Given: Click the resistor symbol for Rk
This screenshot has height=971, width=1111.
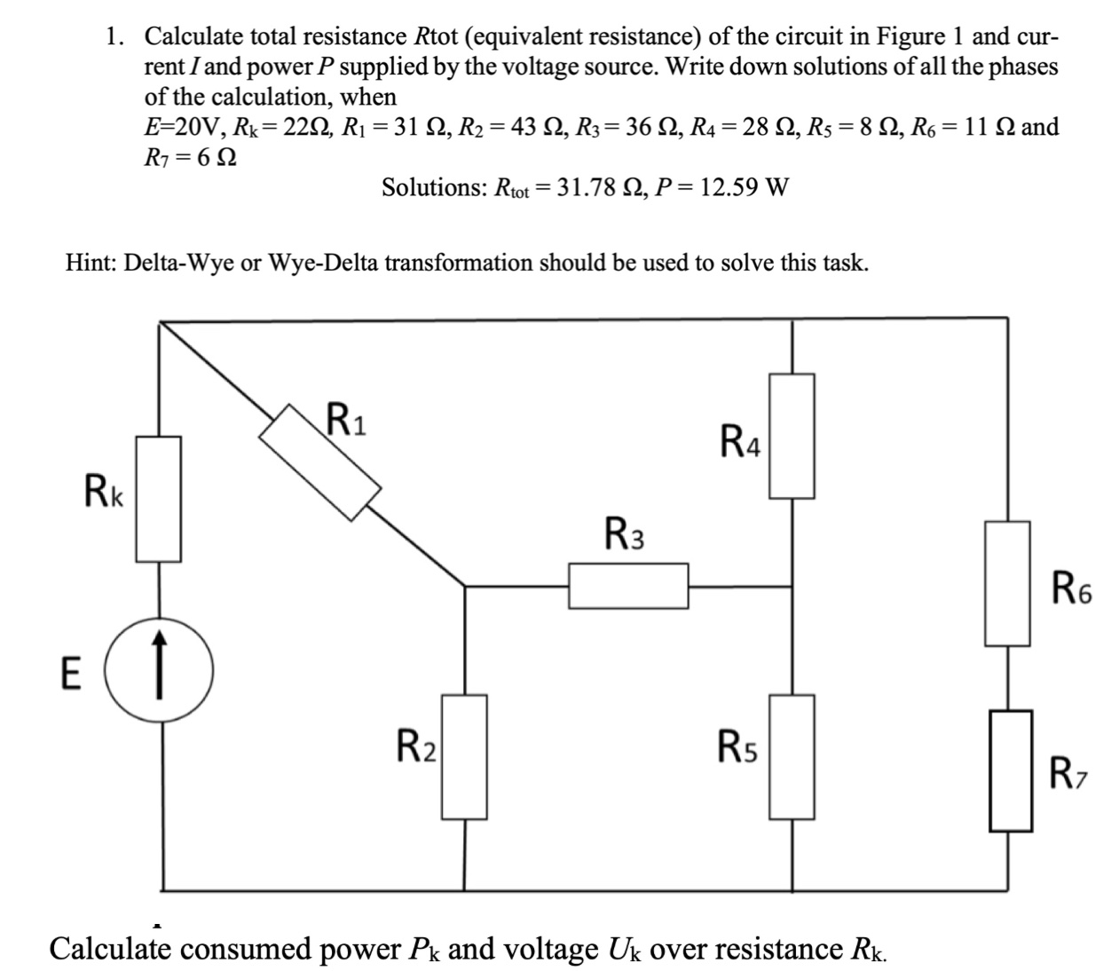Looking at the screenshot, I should (x=159, y=498).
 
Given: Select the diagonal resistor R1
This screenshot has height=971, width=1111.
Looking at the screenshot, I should (x=319, y=461).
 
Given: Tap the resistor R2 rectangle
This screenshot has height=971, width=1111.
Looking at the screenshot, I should (x=464, y=756).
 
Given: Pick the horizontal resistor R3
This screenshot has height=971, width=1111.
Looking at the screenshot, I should (x=628, y=586).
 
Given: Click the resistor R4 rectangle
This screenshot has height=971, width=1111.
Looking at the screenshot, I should (x=792, y=435).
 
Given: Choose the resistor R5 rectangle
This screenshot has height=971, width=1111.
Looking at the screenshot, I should (x=792, y=756).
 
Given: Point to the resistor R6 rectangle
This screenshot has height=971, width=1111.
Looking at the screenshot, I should (x=1007, y=582).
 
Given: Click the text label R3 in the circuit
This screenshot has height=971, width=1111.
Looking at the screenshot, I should (x=624, y=534).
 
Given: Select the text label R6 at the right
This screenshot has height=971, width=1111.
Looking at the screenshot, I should (x=1073, y=589).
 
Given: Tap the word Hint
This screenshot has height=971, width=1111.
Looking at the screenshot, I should (x=91, y=263).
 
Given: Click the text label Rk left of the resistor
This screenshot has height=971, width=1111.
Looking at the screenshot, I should (x=103, y=491).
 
